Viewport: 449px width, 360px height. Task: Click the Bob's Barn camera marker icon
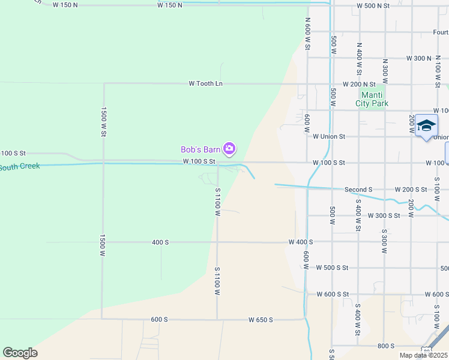coord(229,148)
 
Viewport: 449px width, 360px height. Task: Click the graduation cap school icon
coord(426,125)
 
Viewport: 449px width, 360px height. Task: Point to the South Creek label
coord(20,166)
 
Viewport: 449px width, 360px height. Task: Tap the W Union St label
coord(329,136)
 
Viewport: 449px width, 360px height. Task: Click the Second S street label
coord(358,190)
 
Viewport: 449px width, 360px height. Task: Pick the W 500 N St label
coord(373,5)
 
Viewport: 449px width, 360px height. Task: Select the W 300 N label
coord(418,58)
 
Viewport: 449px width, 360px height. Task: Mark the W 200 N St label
coord(359,85)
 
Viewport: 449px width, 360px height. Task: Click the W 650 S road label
coord(261,320)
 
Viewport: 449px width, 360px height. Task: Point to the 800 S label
coord(386,346)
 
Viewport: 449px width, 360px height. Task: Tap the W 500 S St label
coord(332,268)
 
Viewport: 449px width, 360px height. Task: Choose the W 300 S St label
coord(384,215)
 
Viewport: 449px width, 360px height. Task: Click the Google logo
coord(20,353)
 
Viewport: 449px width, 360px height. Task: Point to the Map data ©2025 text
coord(423,355)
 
